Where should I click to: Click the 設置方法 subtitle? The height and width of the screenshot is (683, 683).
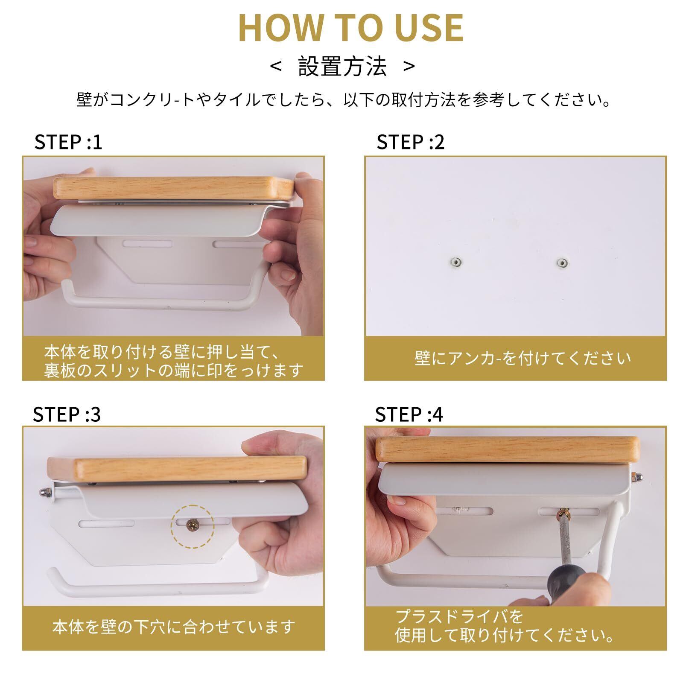[x=342, y=67]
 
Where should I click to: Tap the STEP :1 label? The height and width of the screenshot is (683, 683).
[x=68, y=142]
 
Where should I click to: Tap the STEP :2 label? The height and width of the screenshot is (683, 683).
[x=410, y=142]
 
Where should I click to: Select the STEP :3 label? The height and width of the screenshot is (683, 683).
[x=67, y=414]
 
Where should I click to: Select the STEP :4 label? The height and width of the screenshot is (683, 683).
[x=409, y=414]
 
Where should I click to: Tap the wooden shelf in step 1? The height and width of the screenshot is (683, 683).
[x=174, y=188]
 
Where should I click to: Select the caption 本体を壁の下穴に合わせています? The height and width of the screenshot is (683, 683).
[x=174, y=627]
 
